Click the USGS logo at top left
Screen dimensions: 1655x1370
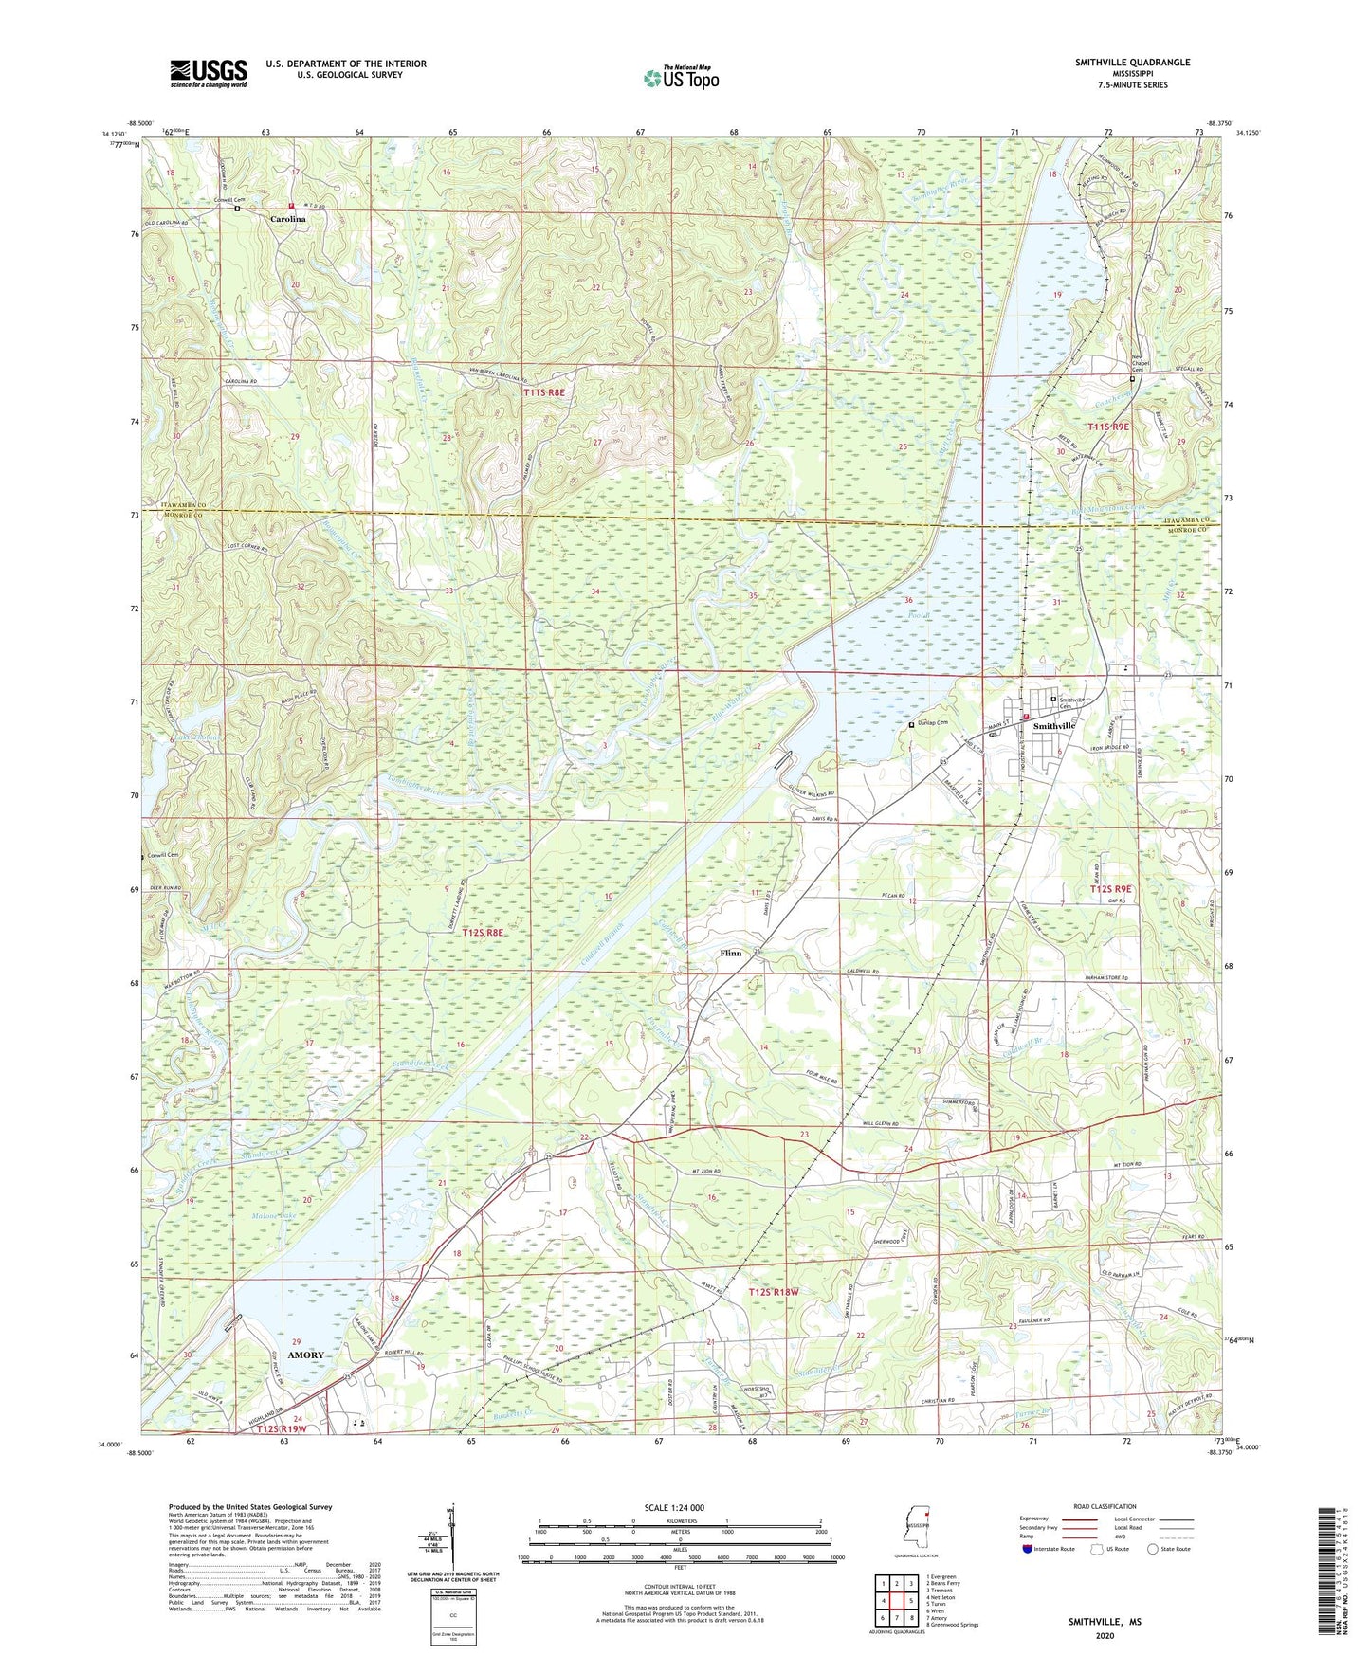(209, 73)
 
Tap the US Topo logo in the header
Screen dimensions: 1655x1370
(681, 78)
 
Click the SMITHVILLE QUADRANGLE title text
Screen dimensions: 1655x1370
(1132, 63)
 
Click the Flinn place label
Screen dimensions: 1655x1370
(730, 953)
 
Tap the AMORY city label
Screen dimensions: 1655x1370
(301, 1355)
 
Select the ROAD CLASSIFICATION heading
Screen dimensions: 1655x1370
(1105, 1506)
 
